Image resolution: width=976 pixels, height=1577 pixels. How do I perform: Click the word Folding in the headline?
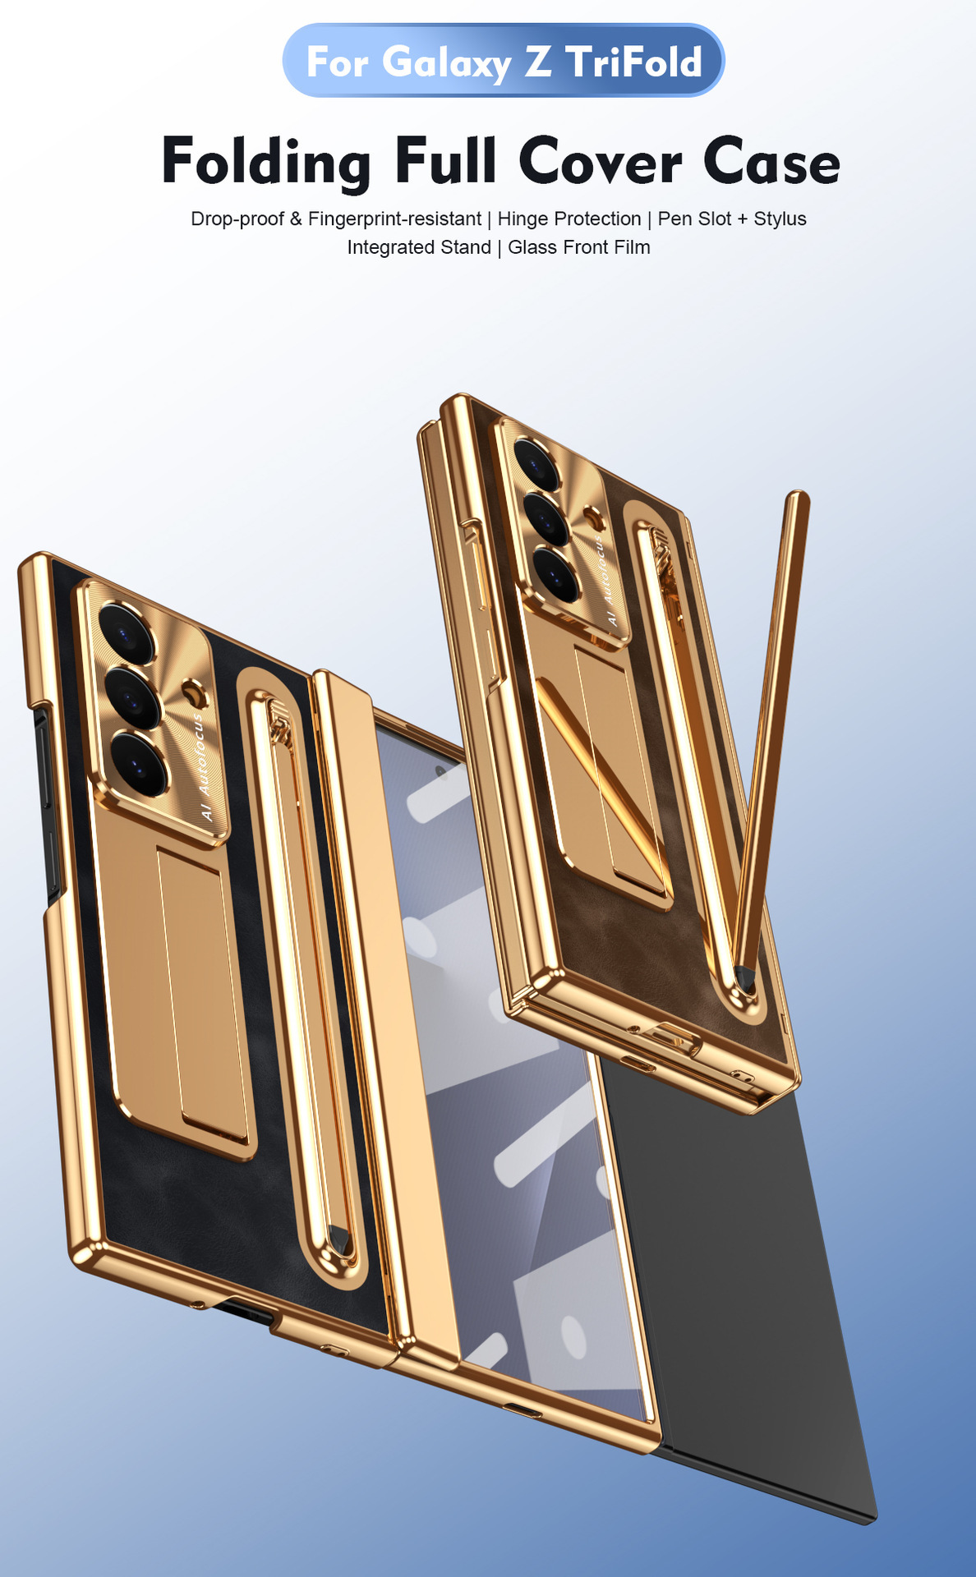tap(266, 161)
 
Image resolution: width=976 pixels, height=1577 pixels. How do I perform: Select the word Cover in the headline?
tap(600, 161)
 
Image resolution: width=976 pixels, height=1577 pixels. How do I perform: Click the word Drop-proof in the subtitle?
tap(237, 219)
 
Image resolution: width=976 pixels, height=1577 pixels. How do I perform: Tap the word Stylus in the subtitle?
tap(780, 219)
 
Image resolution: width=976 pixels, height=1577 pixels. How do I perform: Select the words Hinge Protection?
tap(569, 219)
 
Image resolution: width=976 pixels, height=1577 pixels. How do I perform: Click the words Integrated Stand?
tap(419, 247)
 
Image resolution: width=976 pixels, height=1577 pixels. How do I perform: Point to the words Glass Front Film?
tap(579, 247)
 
